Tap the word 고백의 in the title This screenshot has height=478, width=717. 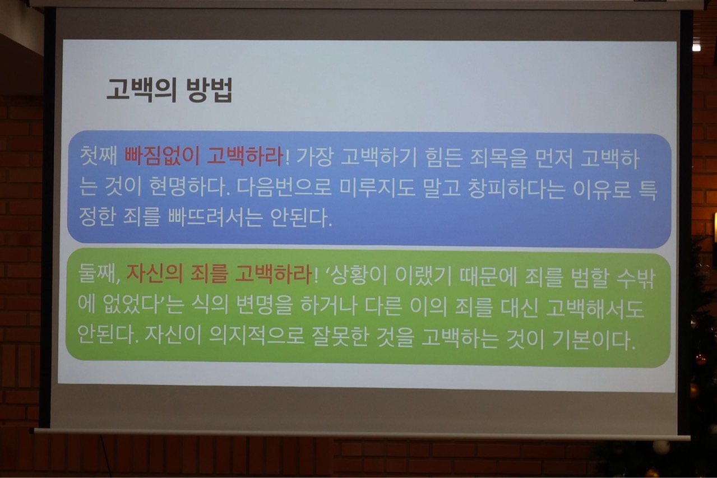[x=141, y=90]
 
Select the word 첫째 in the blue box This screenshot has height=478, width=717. [x=99, y=157]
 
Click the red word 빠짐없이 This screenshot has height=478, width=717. [x=162, y=157]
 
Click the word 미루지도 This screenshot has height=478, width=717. [x=377, y=188]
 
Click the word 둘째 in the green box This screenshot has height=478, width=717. [x=99, y=274]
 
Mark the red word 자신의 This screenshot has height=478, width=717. [x=155, y=274]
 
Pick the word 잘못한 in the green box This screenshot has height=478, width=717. [x=339, y=337]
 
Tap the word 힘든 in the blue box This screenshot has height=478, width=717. [x=443, y=159]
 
